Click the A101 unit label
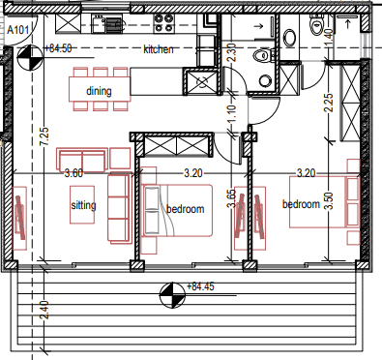(x=18, y=30)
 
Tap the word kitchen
(x=159, y=49)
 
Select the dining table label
(x=99, y=91)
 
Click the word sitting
(x=83, y=205)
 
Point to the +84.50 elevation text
(x=58, y=48)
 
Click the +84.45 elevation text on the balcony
(x=200, y=286)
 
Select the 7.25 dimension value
(x=44, y=136)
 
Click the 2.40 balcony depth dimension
(x=44, y=310)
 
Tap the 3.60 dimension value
(x=73, y=173)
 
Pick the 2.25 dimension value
(x=329, y=103)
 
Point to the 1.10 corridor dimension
(x=231, y=113)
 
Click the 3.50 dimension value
(x=329, y=200)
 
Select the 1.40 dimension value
(x=328, y=38)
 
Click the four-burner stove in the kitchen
(x=163, y=23)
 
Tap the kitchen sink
(x=99, y=24)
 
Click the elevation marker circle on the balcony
(x=172, y=295)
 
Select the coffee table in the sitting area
(x=82, y=204)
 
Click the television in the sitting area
(x=19, y=218)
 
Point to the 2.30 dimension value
(x=232, y=52)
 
